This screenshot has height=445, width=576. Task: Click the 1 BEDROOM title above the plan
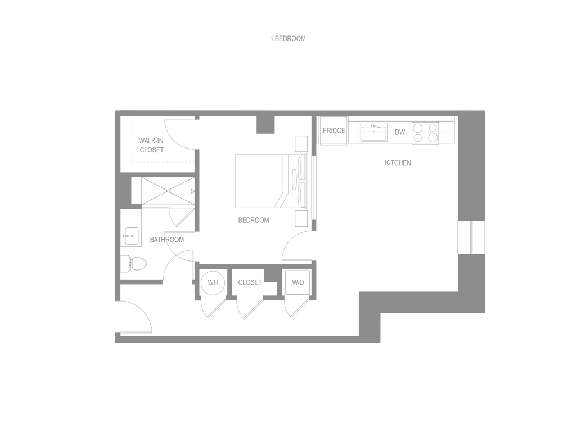(287, 39)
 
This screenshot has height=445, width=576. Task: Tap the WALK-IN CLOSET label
(151, 146)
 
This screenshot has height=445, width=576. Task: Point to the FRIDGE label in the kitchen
(334, 131)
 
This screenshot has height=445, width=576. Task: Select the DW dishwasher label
(400, 133)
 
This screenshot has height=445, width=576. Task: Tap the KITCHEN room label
(398, 163)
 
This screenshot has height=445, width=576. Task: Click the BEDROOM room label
(254, 220)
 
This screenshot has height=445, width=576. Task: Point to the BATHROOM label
(166, 240)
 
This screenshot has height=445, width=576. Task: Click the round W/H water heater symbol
(213, 282)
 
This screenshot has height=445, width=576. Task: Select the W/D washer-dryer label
(298, 282)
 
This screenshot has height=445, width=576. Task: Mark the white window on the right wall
(471, 237)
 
